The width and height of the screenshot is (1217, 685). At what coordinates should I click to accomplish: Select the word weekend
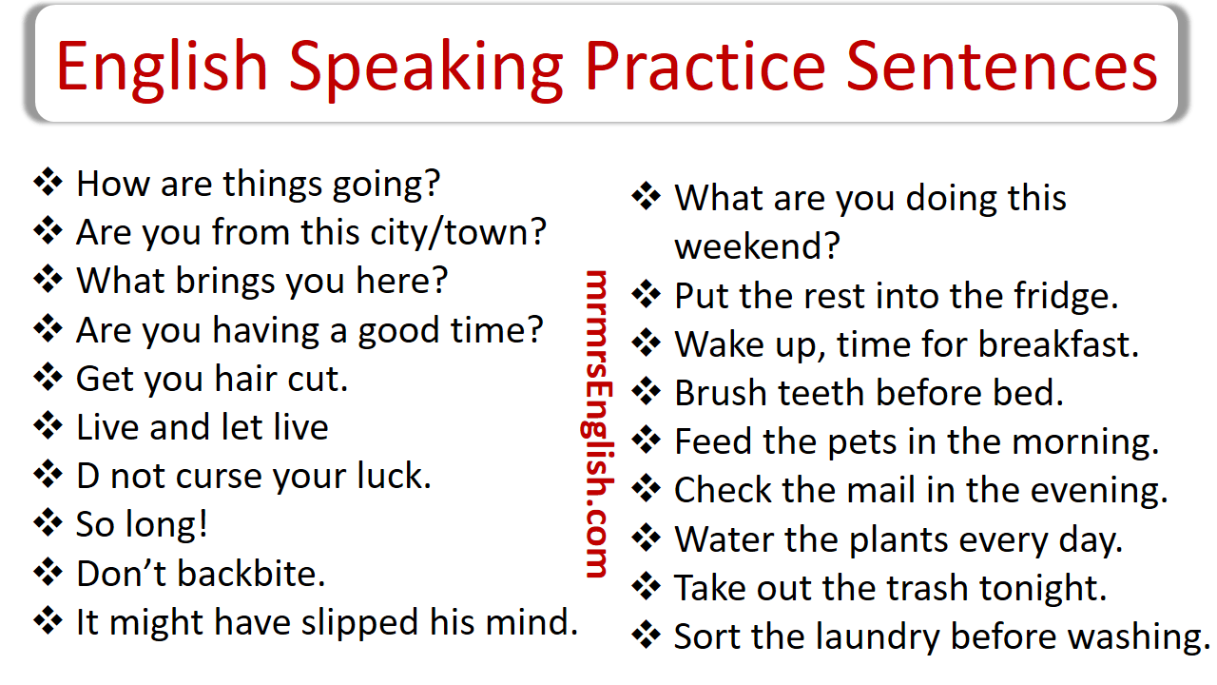click(x=757, y=247)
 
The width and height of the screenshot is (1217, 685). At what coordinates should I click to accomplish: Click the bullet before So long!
click(x=48, y=523)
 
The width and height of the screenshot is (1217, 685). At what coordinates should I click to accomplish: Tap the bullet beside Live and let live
click(x=48, y=426)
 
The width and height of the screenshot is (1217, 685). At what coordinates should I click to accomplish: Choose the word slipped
click(x=356, y=622)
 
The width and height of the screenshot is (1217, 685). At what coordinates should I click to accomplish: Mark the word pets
click(x=837, y=441)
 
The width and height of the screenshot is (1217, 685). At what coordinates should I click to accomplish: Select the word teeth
click(x=836, y=393)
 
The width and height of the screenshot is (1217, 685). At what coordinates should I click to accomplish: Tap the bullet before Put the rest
click(x=647, y=295)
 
